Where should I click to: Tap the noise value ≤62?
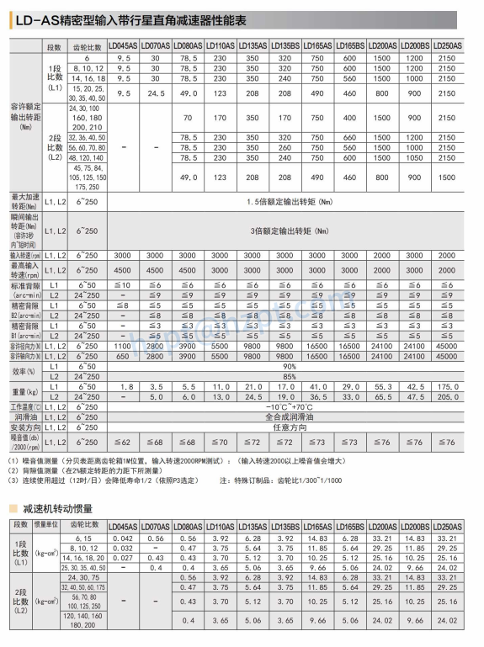tap(122, 442)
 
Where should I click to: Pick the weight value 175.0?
tap(446, 386)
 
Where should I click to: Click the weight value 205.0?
tap(446, 395)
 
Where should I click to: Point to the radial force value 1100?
tap(123, 346)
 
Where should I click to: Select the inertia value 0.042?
tap(123, 538)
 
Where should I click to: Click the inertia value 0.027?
tap(123, 558)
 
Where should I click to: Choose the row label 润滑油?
tap(24, 416)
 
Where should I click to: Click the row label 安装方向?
tap(24, 427)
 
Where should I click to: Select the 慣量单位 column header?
tap(46, 525)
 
